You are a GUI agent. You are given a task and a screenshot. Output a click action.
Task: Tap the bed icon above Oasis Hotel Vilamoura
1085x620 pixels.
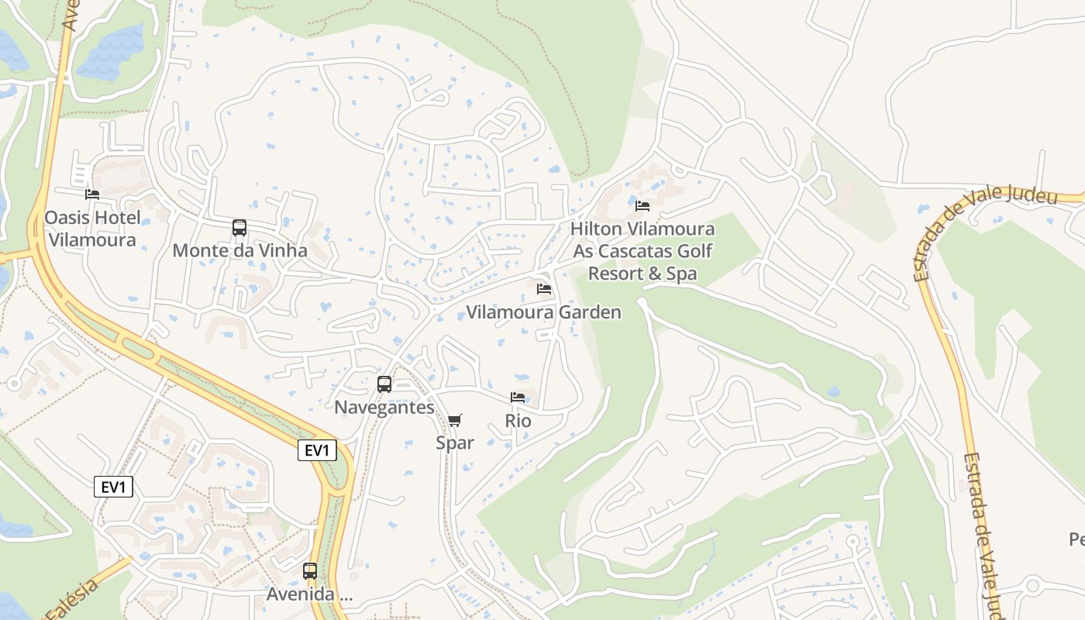point(92,194)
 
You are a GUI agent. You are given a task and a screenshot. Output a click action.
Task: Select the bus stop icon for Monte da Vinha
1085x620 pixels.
point(239,228)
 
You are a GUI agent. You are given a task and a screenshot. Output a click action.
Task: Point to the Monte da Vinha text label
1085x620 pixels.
point(239,251)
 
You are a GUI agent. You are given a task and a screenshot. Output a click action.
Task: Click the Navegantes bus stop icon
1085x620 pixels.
point(384,384)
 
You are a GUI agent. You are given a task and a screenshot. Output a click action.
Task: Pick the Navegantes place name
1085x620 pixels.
point(384,408)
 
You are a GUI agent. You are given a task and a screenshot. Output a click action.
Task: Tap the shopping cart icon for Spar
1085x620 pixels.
point(455,420)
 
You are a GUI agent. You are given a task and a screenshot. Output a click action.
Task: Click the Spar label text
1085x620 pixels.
point(455,443)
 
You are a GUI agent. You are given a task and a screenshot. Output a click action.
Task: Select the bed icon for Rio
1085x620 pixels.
point(518,398)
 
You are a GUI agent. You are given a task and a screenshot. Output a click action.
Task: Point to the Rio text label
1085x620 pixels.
point(518,421)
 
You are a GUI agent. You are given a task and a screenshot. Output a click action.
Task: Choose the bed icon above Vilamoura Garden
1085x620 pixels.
point(544,289)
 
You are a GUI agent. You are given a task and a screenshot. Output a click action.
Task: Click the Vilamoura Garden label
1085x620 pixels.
point(544,312)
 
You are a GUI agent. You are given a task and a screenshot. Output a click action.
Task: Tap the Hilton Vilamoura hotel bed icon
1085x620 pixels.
point(642,205)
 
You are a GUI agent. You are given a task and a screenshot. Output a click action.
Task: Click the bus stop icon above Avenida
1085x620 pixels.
point(310,571)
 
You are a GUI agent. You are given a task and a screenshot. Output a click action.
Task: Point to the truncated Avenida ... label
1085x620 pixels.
point(309,594)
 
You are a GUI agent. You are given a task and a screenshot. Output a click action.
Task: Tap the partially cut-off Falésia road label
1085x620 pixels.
point(72,600)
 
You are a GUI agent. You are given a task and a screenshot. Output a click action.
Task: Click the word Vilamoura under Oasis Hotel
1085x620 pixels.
point(92,239)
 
